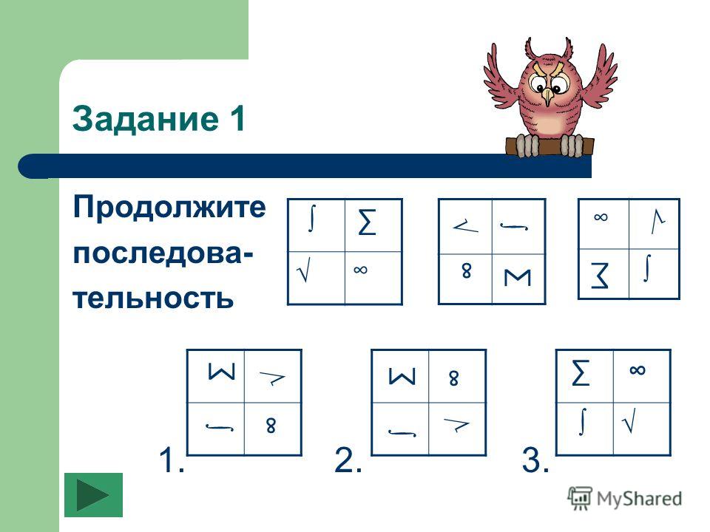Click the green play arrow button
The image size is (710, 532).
coord(93,495)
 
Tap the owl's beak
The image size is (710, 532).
coord(548,96)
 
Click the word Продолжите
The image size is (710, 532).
coord(169,208)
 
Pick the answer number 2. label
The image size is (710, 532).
coord(348,460)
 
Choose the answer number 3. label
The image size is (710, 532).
coord(535,460)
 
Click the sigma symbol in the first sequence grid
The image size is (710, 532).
coord(368,222)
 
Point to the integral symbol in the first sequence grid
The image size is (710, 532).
coord(311,219)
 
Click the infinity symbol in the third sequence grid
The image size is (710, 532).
coord(601,217)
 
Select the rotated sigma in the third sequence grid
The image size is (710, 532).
coord(600,276)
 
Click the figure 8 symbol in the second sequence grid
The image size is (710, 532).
coord(467,271)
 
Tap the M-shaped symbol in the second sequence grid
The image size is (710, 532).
coord(518,277)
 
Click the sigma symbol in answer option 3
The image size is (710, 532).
coord(581,372)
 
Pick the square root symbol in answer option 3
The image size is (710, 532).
coord(629,420)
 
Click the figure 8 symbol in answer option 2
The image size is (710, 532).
coord(453,378)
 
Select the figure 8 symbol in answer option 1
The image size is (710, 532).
coord(271,426)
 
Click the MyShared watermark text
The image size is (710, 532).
coord(639,499)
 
